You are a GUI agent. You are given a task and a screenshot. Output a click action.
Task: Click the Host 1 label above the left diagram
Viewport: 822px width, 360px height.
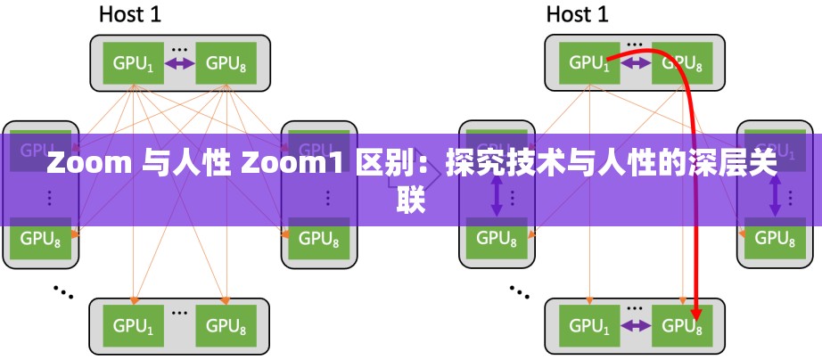point(130,14)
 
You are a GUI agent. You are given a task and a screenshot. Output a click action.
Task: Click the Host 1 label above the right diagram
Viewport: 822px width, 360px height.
point(577,14)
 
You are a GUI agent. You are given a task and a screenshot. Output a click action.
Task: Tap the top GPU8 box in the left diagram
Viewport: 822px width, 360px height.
point(226,63)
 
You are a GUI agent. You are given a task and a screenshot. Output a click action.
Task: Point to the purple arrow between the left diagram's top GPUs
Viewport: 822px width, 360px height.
point(180,63)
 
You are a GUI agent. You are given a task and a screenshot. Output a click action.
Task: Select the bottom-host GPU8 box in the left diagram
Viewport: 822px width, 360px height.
point(226,326)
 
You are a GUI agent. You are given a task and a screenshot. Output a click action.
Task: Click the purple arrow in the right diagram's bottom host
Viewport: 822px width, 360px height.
point(636,326)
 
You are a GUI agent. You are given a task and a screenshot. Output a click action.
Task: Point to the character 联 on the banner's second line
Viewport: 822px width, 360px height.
point(411,200)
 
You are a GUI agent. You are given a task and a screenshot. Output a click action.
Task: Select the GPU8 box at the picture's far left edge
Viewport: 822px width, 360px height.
point(40,239)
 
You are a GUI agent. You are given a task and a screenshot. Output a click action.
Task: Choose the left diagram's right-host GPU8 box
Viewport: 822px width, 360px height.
point(318,239)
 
